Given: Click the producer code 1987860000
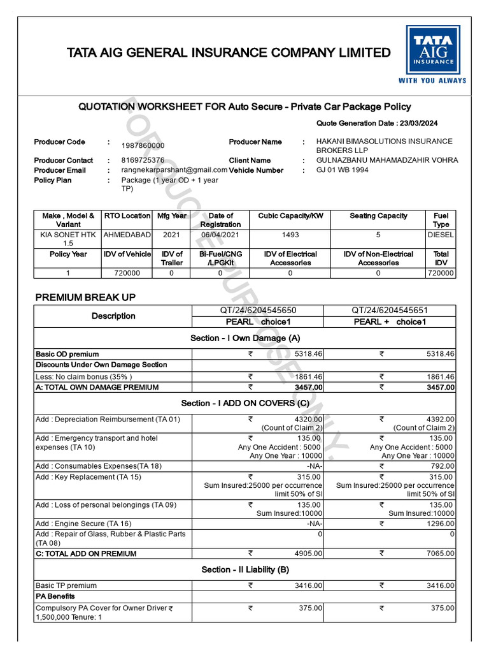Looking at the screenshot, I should pyautogui.click(x=143, y=146).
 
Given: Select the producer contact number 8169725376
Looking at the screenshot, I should pyautogui.click(x=143, y=161).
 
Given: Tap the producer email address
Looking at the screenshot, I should pyautogui.click(x=174, y=170).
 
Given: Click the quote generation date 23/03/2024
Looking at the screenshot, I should pyautogui.click(x=419, y=123).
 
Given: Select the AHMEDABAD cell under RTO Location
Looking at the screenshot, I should pyautogui.click(x=127, y=235).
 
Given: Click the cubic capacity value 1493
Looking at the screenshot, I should pyautogui.click(x=290, y=235).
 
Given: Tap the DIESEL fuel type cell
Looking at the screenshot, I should pyautogui.click(x=441, y=235).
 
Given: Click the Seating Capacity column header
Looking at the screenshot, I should pyautogui.click(x=378, y=216).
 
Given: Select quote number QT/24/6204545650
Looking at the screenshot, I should pyautogui.click(x=257, y=311).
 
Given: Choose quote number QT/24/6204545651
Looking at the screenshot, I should pyautogui.click(x=389, y=311).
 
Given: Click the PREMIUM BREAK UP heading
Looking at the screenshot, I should pyautogui.click(x=85, y=297).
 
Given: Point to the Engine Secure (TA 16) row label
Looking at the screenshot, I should pyautogui.click(x=84, y=524).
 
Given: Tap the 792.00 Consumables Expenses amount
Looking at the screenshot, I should pyautogui.click(x=443, y=466).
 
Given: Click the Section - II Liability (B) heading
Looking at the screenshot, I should pyautogui.click(x=245, y=569).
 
